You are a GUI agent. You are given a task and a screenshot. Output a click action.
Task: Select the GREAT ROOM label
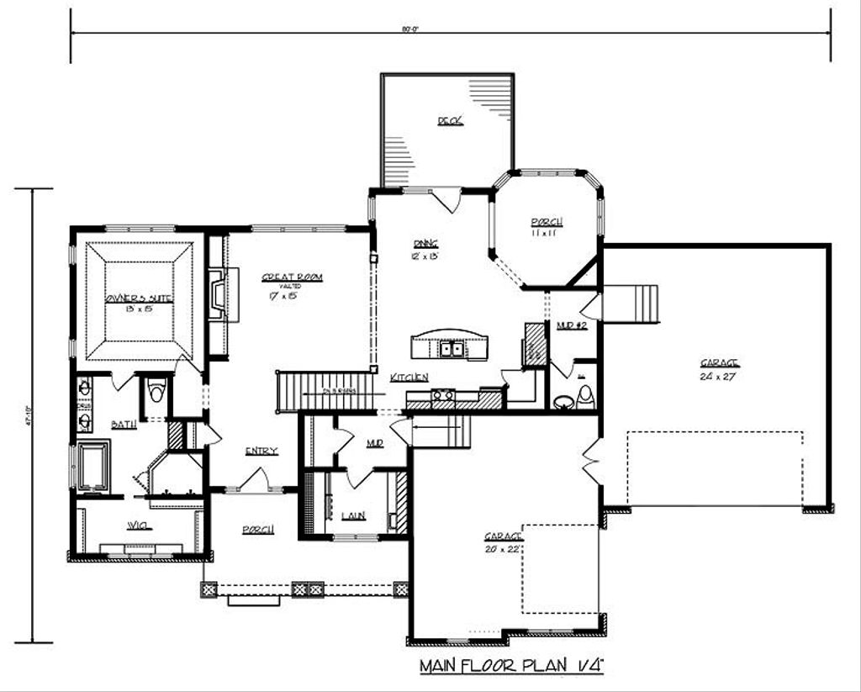click(292, 277)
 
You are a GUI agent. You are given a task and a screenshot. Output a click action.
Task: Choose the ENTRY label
click(261, 452)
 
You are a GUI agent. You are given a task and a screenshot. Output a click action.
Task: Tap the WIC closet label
click(138, 526)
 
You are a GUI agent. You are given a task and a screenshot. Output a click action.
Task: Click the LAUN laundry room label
click(353, 515)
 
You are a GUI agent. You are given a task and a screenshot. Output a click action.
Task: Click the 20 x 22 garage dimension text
click(503, 548)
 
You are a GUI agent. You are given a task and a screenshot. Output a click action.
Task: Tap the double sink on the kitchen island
click(447, 348)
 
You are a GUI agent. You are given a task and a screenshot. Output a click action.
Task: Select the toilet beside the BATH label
click(156, 393)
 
